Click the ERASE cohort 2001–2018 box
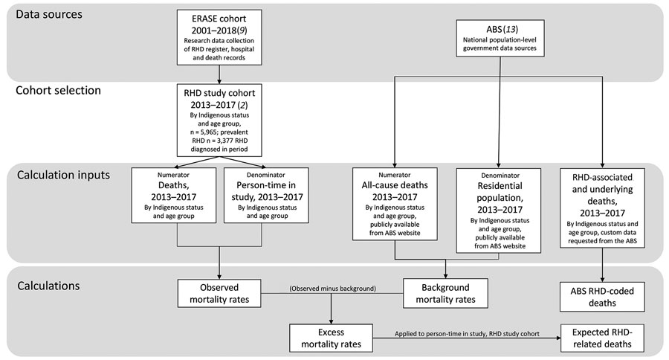pos(219,38)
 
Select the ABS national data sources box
pos(500,38)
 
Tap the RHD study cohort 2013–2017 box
pos(219,120)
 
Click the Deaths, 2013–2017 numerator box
pos(174,195)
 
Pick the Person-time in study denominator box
pos(266,195)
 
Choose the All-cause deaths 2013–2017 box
pos(395,204)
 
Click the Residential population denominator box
pos(499,210)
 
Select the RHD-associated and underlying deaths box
pos(602,208)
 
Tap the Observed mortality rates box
pos(219,293)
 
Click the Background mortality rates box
pos(445,293)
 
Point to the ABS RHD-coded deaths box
pos(602,297)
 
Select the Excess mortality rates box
pos(331,338)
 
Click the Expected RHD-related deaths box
pos(602,338)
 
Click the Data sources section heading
pos(49,15)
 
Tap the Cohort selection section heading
pos(59,91)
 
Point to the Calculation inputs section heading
pos(64,175)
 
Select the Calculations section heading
pos(48,286)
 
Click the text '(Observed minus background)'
pos(333,289)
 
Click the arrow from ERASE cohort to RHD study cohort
pos(219,74)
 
